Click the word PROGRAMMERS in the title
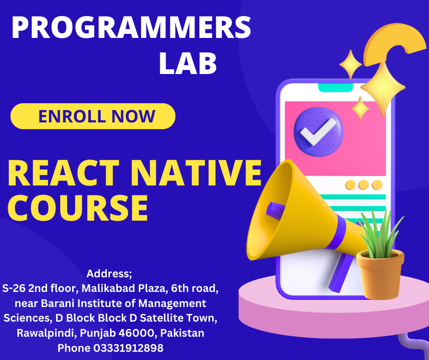point(131,28)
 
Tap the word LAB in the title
point(188,64)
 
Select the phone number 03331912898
point(128,348)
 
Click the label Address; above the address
point(109,274)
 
